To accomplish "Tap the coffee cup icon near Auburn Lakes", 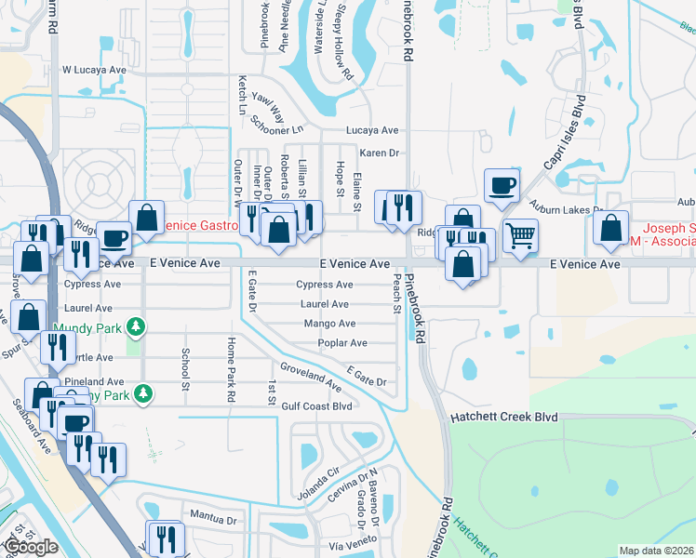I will coord(502,184).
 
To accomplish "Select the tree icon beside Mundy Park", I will coord(137,326).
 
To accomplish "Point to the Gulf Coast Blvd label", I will coord(316,405).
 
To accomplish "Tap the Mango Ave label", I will coord(329,324).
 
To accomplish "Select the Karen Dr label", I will coord(379,153).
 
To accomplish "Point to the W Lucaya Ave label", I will coord(93,70).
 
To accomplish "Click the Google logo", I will coord(31,547).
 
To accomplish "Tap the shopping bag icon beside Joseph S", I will coord(610,229).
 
